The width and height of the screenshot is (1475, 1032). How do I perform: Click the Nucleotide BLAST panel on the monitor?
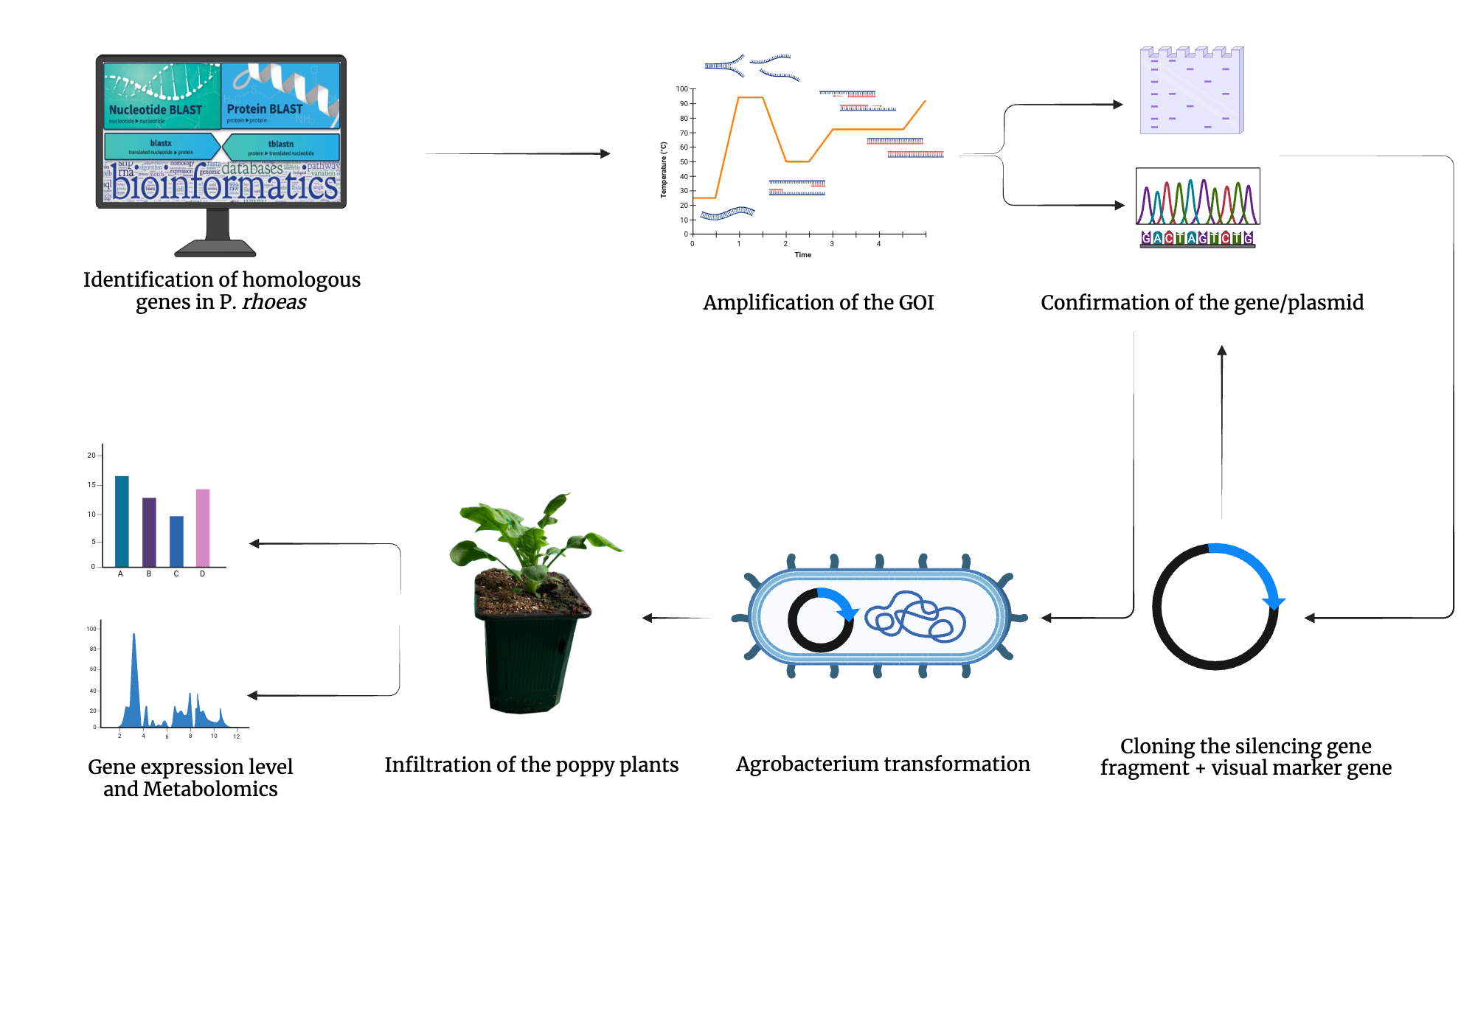(x=162, y=96)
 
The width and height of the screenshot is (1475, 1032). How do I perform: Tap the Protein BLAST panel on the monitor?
(x=280, y=96)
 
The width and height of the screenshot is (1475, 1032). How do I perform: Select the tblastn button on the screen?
(x=281, y=147)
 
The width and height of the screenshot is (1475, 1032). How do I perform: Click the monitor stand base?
(x=215, y=248)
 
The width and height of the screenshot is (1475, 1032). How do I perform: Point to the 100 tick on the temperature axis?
(x=682, y=89)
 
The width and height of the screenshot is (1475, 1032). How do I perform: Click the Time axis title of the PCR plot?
(x=802, y=255)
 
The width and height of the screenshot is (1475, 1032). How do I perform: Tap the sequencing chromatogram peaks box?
(x=1198, y=197)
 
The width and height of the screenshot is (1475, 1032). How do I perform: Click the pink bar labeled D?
(x=203, y=528)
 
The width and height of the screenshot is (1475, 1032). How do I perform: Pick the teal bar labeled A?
(x=122, y=521)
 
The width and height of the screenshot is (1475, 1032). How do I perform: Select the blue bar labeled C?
(x=176, y=541)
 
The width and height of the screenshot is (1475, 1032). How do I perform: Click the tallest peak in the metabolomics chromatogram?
(x=133, y=663)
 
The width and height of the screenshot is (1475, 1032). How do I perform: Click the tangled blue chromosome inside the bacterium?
(x=915, y=618)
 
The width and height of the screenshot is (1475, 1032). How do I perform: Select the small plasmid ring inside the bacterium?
(x=819, y=620)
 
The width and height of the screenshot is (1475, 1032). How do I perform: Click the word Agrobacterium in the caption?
(x=812, y=764)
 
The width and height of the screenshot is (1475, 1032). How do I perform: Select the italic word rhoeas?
(x=274, y=302)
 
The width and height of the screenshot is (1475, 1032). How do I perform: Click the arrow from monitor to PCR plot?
(x=516, y=153)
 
